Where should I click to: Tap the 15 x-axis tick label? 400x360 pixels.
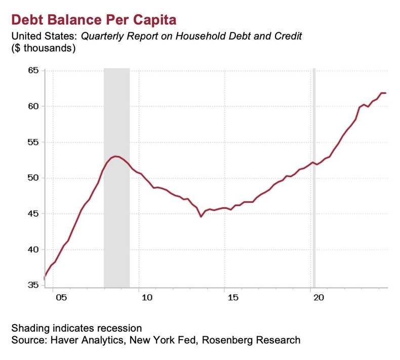[232, 299]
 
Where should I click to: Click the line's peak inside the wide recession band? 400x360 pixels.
[116, 156]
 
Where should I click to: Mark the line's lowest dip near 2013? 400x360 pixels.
[201, 217]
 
